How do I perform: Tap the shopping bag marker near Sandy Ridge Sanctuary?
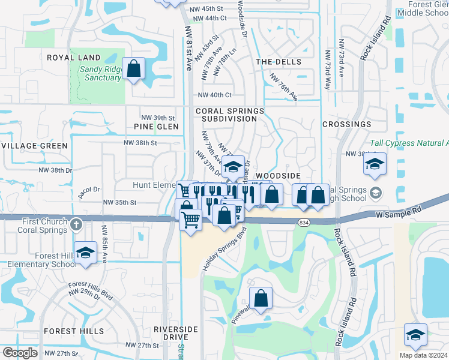point(133,68)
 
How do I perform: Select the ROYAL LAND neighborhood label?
point(74,58)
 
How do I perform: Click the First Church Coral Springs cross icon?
point(75,224)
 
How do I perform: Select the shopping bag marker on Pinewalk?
point(261,298)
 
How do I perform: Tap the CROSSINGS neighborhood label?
point(346,124)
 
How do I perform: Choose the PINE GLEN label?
point(156,127)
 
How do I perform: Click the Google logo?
point(20,353)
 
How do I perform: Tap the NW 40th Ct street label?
point(214,95)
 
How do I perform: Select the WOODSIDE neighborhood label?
point(277,175)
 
